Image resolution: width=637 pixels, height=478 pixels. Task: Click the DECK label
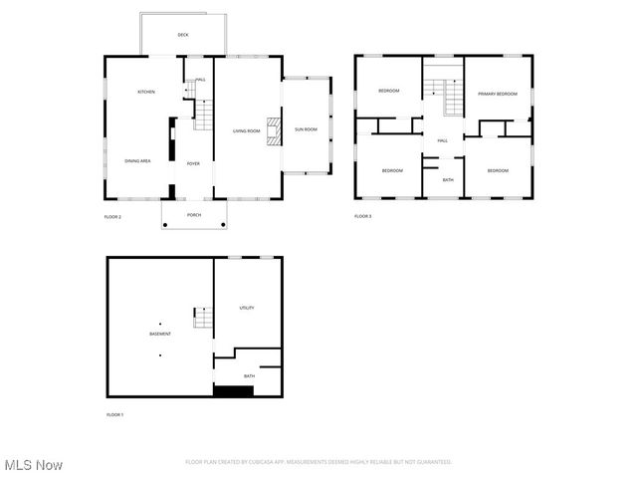pos(183,35)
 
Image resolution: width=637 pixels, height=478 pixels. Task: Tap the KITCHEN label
pos(146,92)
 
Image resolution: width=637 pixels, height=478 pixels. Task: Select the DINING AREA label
pos(137,160)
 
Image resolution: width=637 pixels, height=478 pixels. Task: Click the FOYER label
pos(193,163)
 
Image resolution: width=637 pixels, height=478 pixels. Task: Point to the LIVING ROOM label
pos(246,130)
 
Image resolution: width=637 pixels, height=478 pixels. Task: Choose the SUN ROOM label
pos(306,129)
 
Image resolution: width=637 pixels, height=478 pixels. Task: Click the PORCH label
pos(194,214)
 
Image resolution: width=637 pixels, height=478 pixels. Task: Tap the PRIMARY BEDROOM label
pos(498,94)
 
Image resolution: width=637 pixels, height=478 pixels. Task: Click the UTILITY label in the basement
pos(247,308)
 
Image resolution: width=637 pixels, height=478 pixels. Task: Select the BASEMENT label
pos(160,334)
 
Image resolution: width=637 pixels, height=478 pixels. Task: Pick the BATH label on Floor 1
pos(249,375)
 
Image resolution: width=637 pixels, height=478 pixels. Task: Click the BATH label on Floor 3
pos(448,179)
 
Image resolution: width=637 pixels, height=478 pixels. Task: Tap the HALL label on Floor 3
pos(442,140)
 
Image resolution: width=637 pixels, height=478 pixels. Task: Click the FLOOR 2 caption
pos(112,216)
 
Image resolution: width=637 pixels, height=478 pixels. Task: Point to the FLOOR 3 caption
pos(363,216)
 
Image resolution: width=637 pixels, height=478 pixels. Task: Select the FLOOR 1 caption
pos(115,413)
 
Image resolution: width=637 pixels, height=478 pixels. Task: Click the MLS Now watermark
pos(34,465)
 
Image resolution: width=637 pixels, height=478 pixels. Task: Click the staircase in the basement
pos(203,319)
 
